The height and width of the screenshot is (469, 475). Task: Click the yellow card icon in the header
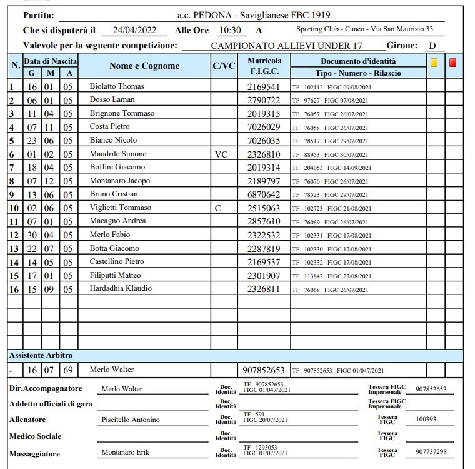(434, 63)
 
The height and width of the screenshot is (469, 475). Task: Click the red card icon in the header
(453, 63)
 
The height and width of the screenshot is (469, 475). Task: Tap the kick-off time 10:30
(229, 30)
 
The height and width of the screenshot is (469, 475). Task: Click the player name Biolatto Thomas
(117, 86)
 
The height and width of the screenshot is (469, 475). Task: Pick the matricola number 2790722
(264, 100)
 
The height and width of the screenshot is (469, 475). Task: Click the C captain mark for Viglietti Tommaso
(217, 208)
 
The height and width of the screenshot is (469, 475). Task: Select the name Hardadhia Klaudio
(121, 289)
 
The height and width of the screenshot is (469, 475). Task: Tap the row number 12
(14, 235)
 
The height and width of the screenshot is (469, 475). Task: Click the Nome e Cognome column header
(144, 66)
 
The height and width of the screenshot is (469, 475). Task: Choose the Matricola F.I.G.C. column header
(264, 66)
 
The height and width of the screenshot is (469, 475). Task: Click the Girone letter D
(432, 45)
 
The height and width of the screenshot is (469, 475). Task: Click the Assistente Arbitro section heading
(41, 355)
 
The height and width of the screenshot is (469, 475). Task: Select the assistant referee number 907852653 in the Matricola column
(263, 370)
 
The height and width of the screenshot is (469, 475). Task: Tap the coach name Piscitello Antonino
(131, 420)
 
